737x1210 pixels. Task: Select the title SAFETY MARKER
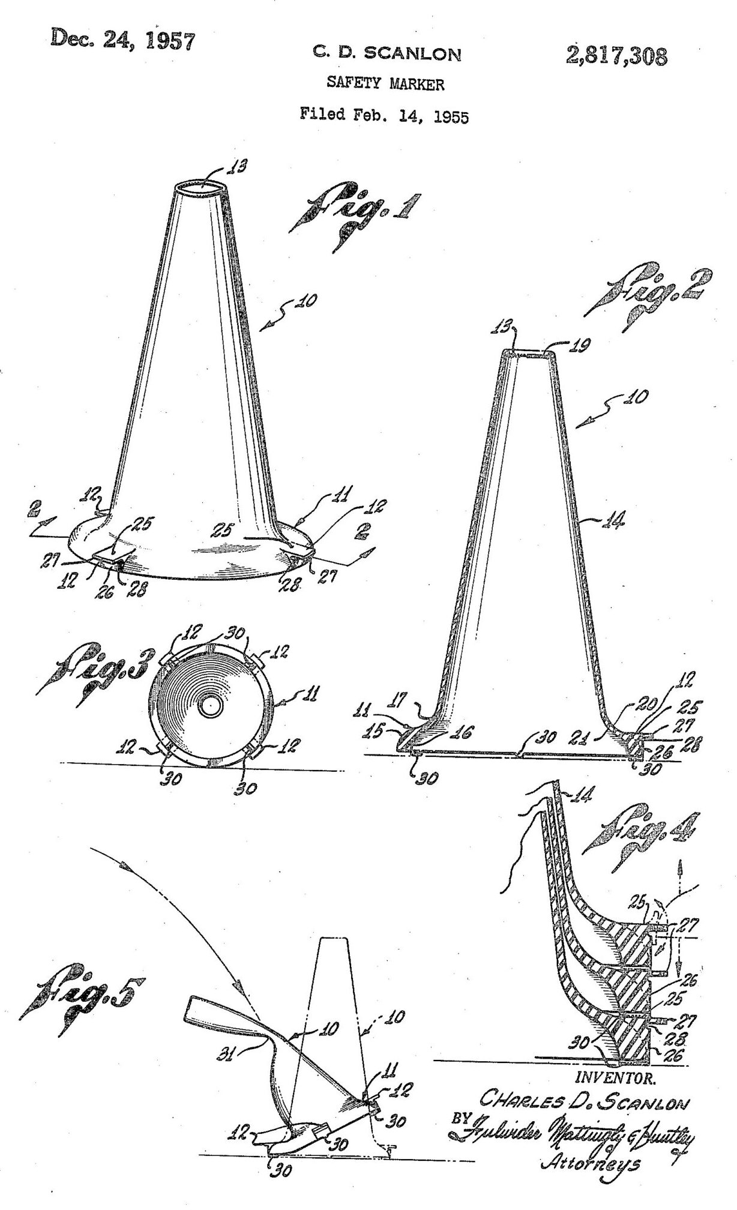[x=385, y=84]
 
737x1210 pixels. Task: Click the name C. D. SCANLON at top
[x=387, y=55]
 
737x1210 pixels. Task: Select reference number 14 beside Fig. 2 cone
[x=614, y=522]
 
